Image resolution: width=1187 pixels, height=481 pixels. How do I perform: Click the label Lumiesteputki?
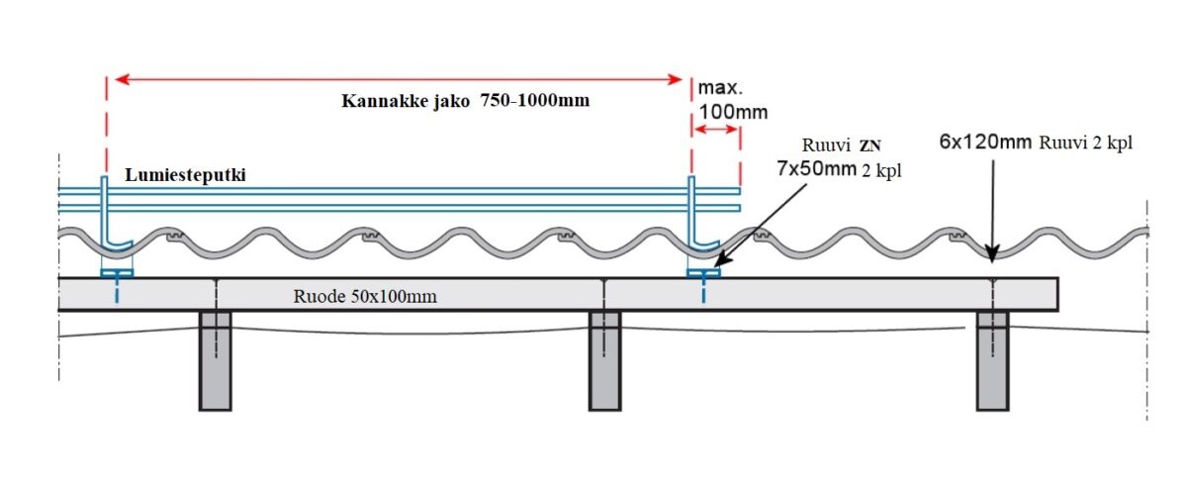point(185,174)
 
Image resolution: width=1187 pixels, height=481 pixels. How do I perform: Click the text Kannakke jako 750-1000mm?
point(465,101)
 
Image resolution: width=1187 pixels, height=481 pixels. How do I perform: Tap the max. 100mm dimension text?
point(732,100)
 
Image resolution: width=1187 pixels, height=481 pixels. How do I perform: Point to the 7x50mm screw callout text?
point(816,169)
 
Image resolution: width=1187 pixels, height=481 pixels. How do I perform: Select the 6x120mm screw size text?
point(985,142)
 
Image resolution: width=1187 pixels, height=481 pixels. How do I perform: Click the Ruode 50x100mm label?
point(365,295)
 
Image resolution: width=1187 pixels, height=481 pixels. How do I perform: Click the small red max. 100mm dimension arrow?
point(716,130)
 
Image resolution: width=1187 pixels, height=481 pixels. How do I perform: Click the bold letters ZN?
point(870,146)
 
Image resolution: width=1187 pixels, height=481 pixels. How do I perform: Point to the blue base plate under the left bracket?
point(118,273)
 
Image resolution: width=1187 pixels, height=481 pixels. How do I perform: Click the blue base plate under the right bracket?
point(703,273)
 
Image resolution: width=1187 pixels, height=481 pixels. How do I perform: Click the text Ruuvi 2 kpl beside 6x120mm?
point(1085,143)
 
